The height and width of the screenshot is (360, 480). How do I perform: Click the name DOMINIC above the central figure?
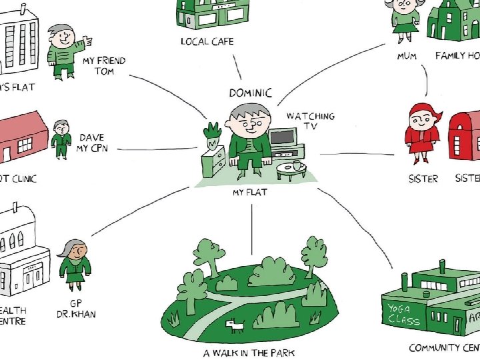250,93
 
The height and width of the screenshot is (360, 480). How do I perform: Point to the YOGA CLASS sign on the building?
405,313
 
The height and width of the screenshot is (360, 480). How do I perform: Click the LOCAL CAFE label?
207,41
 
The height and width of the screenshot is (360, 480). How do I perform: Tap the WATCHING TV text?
311,121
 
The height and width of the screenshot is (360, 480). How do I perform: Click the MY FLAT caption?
250,193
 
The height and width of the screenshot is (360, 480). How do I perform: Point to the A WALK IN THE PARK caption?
249,352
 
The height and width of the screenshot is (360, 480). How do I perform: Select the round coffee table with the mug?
292,169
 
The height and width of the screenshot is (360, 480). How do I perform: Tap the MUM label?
407,56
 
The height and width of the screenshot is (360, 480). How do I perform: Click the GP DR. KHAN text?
76,307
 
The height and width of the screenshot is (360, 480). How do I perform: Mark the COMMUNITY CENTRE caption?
444,347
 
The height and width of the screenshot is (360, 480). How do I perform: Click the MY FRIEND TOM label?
104,65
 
